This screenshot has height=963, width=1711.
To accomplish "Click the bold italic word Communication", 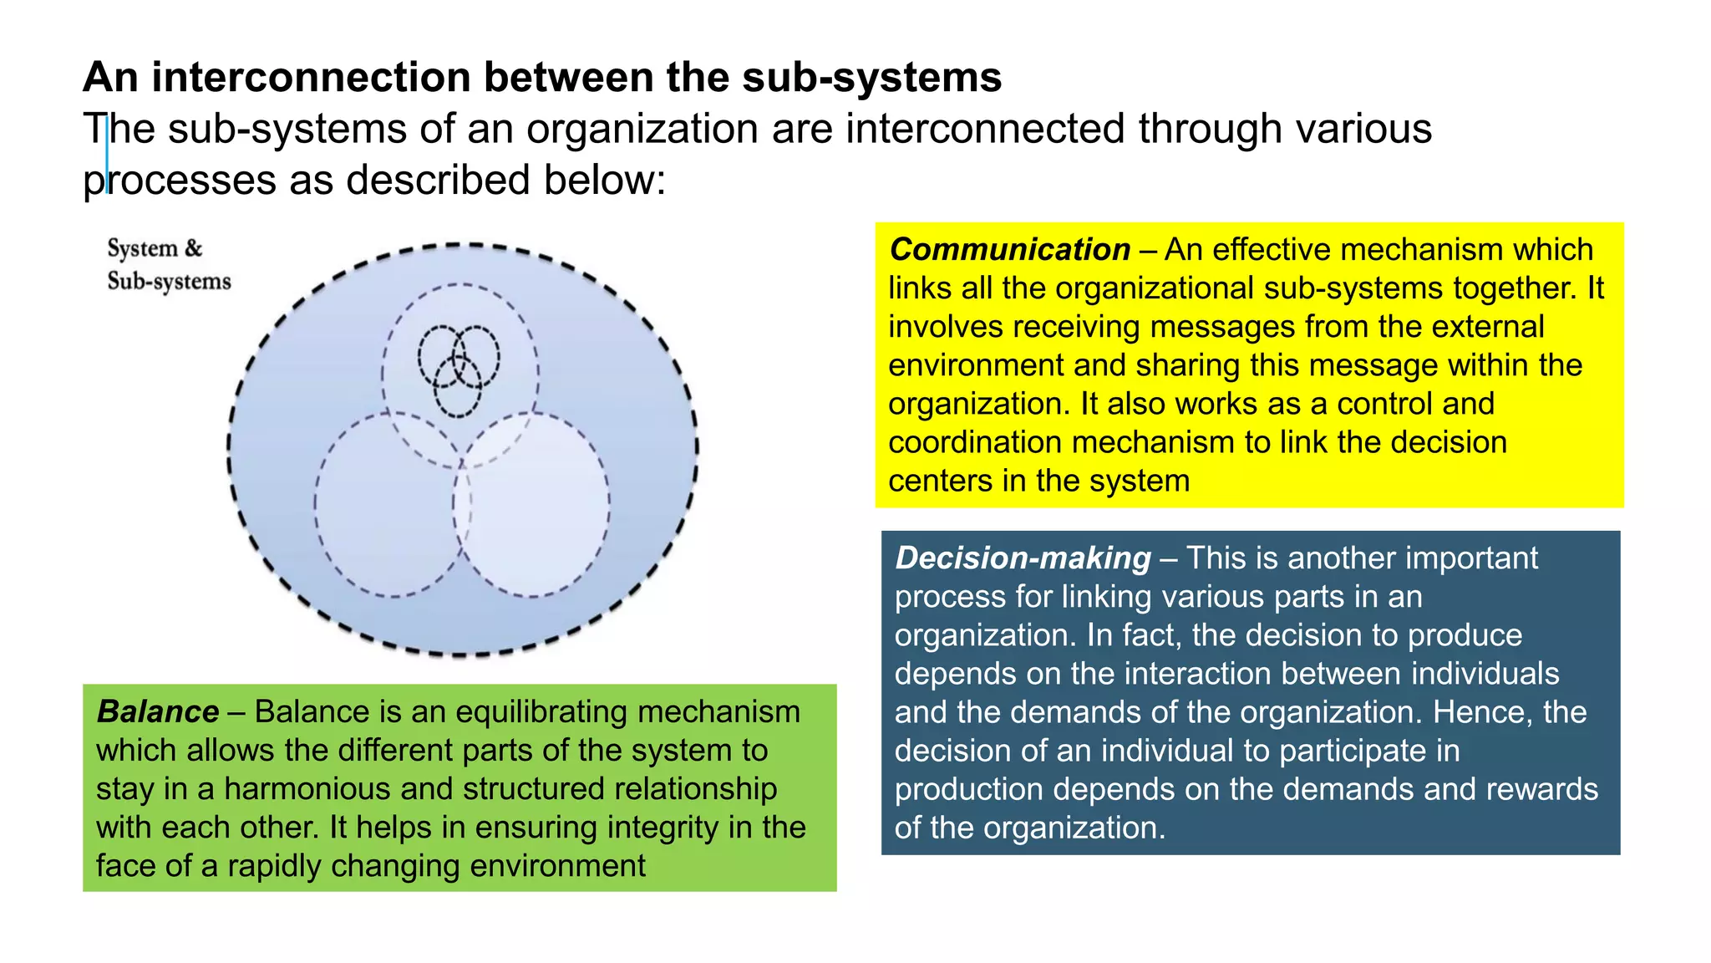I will tap(1009, 250).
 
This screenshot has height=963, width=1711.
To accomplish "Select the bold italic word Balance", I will tap(158, 712).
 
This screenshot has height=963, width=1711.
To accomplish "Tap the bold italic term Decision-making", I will tap(1023, 558).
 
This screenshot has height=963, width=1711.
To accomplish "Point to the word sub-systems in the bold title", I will tap(871, 78).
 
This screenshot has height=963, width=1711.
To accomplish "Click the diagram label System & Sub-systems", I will tap(168, 264).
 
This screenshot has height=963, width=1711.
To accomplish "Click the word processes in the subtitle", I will tap(179, 181).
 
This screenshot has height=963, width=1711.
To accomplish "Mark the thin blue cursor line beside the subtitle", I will tap(107, 155).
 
